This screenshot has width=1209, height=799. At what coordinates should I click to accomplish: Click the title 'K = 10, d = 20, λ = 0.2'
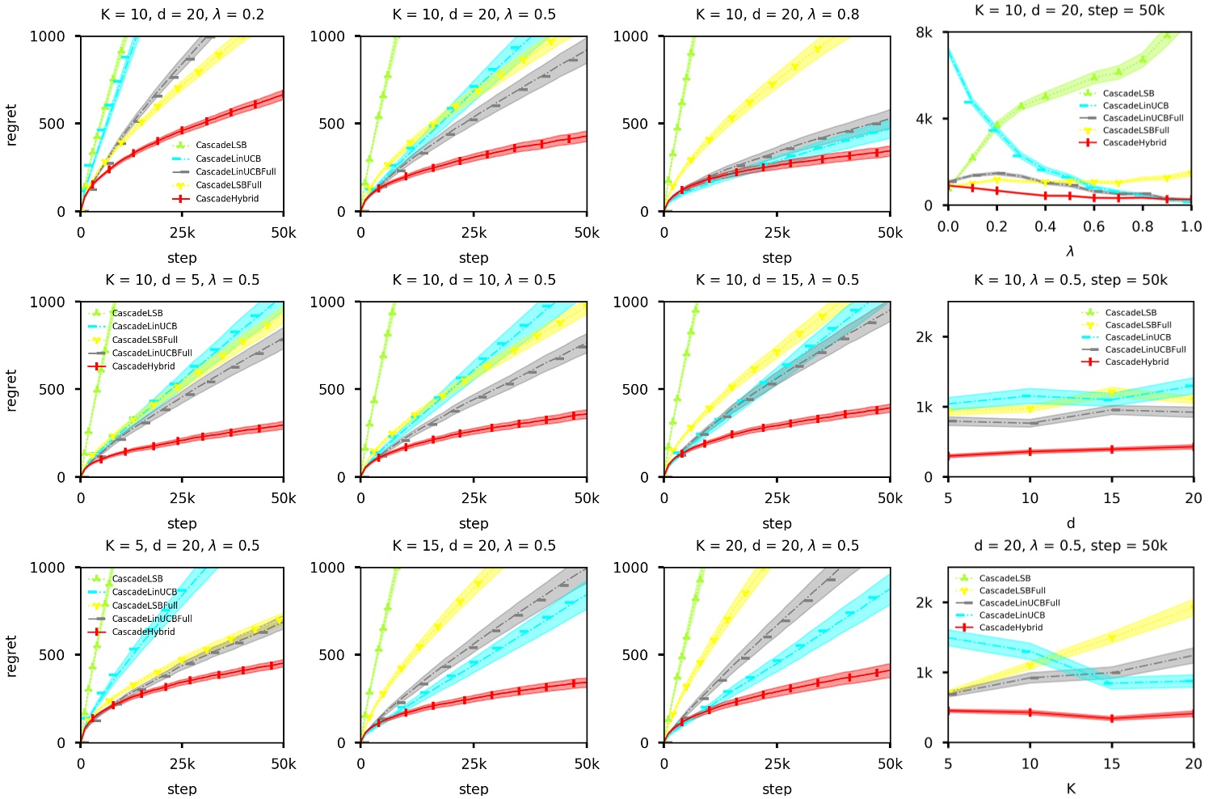[x=182, y=15]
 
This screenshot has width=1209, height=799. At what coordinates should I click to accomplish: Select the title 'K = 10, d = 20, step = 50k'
[x=1070, y=11]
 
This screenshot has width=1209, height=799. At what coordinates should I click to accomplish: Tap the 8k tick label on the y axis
[x=924, y=32]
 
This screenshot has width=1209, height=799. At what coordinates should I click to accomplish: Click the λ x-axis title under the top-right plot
[x=1070, y=252]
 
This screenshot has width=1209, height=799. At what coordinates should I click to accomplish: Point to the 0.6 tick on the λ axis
[x=1093, y=226]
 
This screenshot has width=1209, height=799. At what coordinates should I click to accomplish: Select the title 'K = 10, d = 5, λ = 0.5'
[x=182, y=280]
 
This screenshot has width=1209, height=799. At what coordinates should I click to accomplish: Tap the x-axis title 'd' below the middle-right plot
[x=1070, y=523]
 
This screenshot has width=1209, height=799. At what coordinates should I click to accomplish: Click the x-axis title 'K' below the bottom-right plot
[x=1070, y=788]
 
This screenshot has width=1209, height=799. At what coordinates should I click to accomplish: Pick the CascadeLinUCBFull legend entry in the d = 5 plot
[x=152, y=353]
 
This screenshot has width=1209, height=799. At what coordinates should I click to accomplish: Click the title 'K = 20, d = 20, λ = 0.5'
[x=777, y=546]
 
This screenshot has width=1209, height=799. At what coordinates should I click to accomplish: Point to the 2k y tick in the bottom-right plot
[x=924, y=602]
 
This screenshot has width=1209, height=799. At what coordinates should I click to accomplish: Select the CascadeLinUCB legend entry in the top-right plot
[x=1135, y=106]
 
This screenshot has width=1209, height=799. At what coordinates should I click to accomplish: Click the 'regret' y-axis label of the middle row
[x=11, y=390]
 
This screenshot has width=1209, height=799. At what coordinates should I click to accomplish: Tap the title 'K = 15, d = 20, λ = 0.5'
[x=474, y=546]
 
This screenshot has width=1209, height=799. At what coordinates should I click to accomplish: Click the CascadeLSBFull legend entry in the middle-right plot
[x=1138, y=325]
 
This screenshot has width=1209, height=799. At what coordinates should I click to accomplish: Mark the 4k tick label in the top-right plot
[x=924, y=119]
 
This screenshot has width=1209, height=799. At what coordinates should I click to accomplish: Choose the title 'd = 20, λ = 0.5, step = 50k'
[x=1070, y=546]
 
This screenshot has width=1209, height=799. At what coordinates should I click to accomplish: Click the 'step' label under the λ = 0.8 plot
[x=777, y=258]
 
